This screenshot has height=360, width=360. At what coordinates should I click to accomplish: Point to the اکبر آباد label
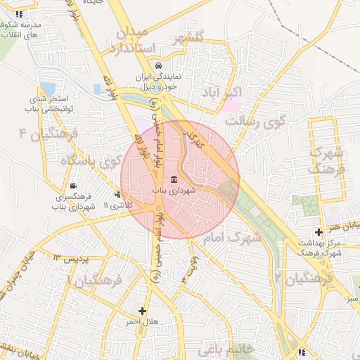pos(226,92)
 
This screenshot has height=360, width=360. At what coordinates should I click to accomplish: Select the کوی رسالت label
pos(256,121)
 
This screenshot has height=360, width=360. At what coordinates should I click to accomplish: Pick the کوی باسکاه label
pos(89,162)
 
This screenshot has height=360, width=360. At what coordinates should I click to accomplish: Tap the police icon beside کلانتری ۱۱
pos(117,194)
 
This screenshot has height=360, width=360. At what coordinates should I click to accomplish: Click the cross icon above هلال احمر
pos(143,310)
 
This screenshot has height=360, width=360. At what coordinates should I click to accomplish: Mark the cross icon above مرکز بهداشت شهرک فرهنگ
pos(319,232)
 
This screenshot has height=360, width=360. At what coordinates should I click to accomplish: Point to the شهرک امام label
pos(231,238)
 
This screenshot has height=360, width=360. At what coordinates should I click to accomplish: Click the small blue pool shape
pos(96,89)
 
